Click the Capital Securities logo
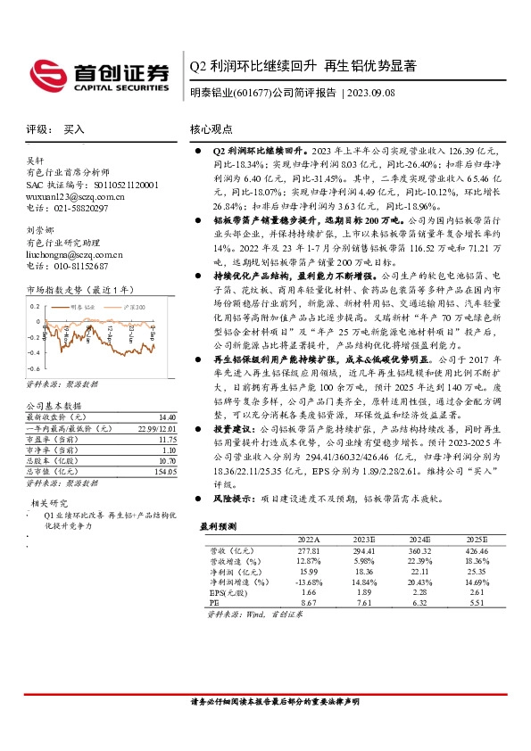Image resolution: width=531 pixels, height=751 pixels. click(101, 74)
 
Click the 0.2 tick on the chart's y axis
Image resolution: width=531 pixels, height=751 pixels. click(33, 306)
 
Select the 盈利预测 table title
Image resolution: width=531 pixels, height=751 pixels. click(219, 526)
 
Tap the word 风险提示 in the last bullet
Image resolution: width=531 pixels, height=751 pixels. click(228, 499)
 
